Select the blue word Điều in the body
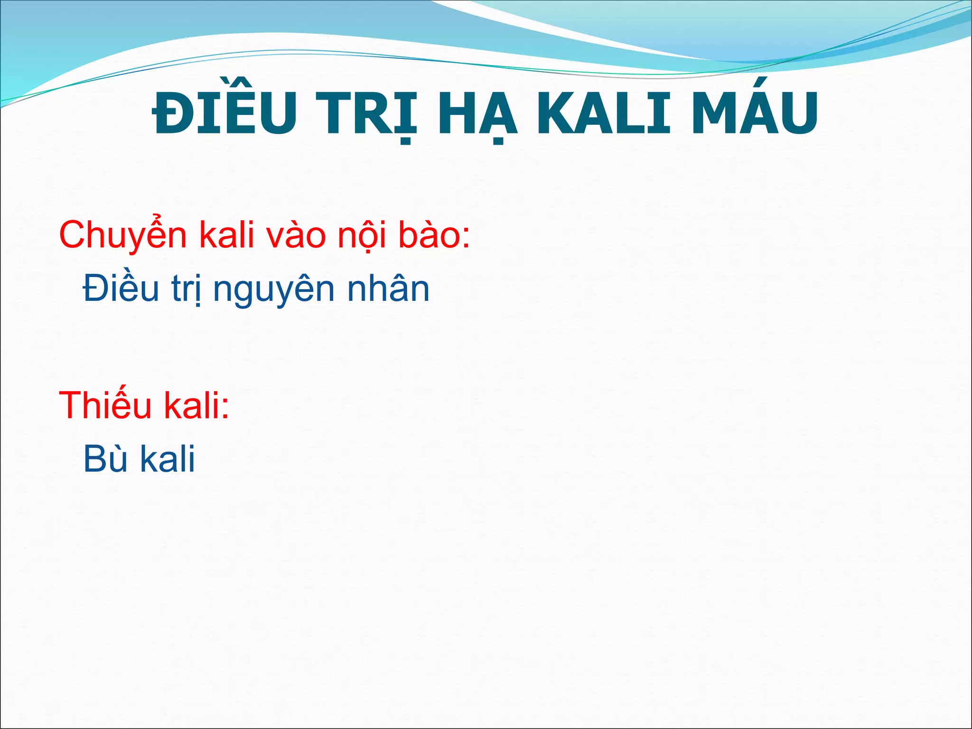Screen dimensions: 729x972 (121, 289)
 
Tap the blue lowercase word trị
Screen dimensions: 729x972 (187, 289)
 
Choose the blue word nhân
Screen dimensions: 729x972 (388, 289)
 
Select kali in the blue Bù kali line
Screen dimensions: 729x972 (168, 459)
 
